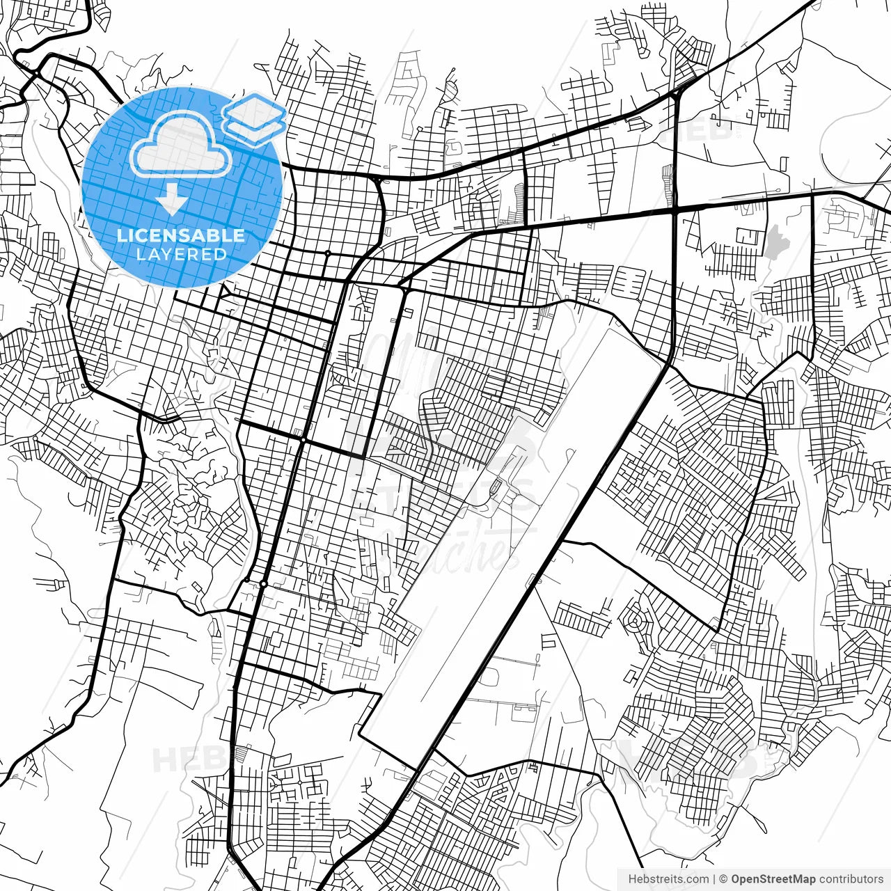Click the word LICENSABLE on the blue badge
(181, 235)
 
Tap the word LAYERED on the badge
(181, 255)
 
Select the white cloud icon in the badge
(181, 145)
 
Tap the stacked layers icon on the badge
(255, 118)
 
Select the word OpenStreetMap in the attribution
(773, 879)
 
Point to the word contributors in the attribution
(851, 879)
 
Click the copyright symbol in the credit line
(723, 879)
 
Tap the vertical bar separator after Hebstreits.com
(714, 879)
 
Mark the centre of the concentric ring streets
(634, 619)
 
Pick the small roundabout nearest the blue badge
(327, 253)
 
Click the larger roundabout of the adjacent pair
(263, 583)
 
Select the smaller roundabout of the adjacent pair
(246, 579)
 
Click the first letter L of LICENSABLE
(120, 235)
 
